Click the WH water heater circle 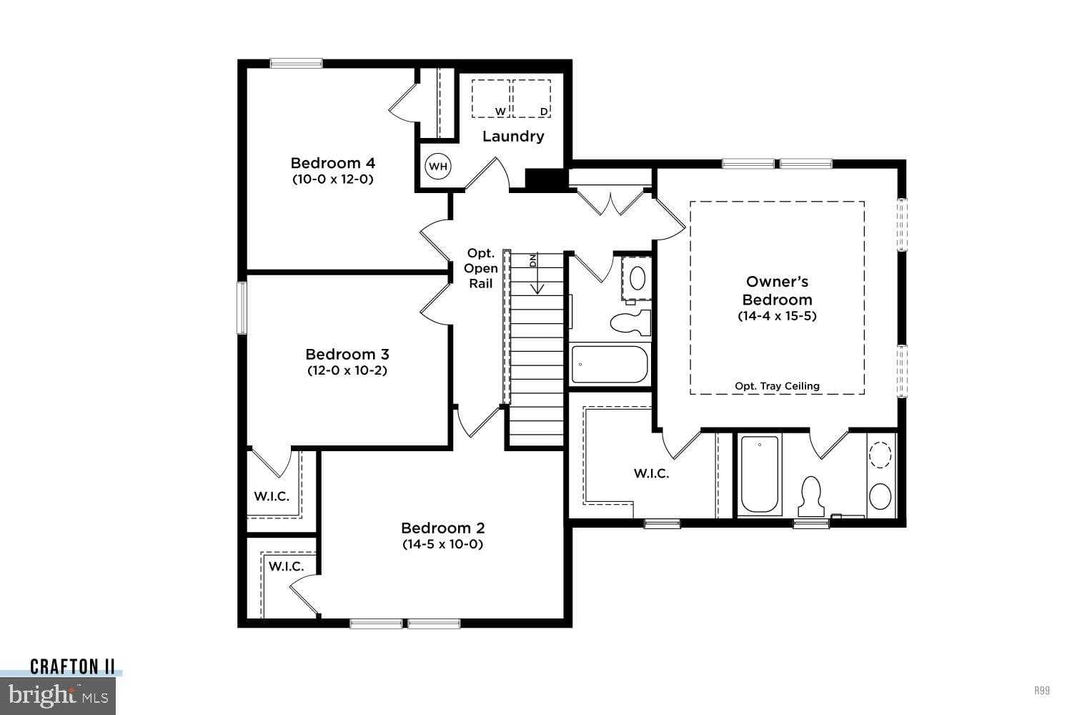(437, 167)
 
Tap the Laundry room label (512, 136)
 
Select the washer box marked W (490, 99)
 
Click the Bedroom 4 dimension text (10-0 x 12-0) (332, 179)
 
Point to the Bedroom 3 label (347, 354)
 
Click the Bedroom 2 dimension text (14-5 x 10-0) (442, 544)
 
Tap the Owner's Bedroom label (777, 290)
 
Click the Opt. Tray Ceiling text (777, 386)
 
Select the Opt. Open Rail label (481, 268)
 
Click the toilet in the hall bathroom (631, 322)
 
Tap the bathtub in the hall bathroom (609, 365)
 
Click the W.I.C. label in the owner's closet (651, 473)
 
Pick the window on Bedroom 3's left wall (242, 308)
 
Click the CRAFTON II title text (72, 667)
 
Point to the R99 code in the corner (1041, 690)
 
